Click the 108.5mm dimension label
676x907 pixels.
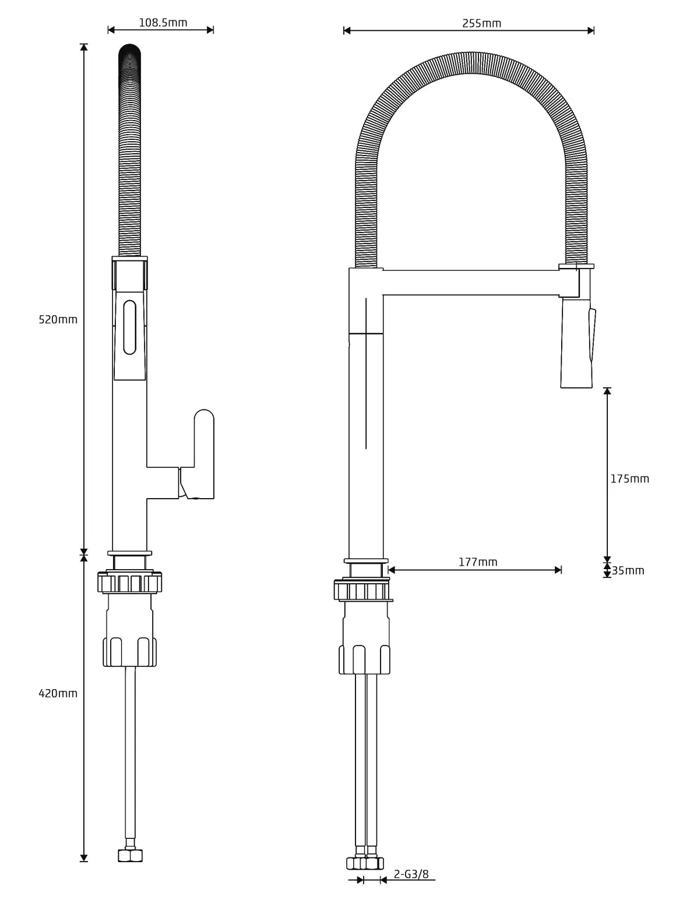point(163,23)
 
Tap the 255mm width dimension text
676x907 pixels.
point(481,23)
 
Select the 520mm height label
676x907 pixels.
point(58,319)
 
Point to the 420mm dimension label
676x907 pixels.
point(58,693)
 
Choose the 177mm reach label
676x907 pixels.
point(478,562)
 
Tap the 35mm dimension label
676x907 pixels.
point(628,570)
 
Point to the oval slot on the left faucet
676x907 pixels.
point(130,327)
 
